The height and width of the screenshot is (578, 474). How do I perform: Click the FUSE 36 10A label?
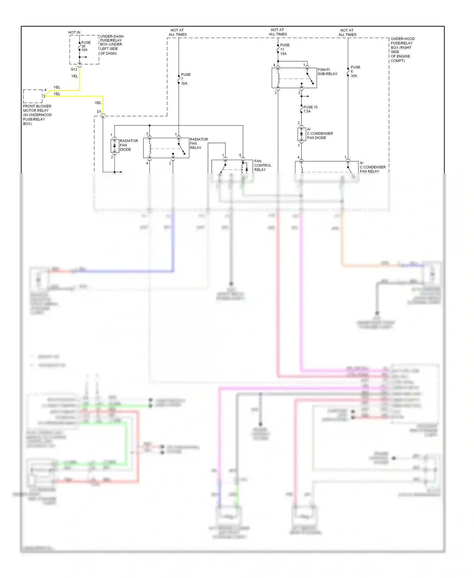coord(85,46)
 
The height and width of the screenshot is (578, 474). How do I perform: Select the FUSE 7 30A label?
coord(185,79)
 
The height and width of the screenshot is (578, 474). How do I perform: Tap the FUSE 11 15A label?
coord(284,49)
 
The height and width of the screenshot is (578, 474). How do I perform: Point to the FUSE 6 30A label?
coord(355,71)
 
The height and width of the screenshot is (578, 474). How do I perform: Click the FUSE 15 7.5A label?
coord(310,109)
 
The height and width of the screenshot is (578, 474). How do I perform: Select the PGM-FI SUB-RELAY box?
coord(294,78)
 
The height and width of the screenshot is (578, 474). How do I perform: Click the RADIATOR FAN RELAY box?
coord(166,148)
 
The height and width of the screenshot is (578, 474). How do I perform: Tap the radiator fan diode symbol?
coord(114,146)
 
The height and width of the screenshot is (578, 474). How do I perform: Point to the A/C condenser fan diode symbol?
coord(301,134)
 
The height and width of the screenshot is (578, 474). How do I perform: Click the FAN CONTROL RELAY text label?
coord(262,165)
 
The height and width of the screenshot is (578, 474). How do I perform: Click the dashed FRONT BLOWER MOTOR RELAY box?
coord(33,96)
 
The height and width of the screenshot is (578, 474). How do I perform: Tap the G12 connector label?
coord(74,70)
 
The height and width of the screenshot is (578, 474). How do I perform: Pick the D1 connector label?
coord(99,112)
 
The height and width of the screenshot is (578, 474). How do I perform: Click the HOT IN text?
coord(74,33)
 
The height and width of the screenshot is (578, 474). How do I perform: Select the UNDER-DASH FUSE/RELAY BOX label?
coord(111,45)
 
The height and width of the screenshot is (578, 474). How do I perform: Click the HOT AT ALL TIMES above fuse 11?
coord(278,32)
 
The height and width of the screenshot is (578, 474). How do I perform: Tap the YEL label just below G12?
coord(75,76)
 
